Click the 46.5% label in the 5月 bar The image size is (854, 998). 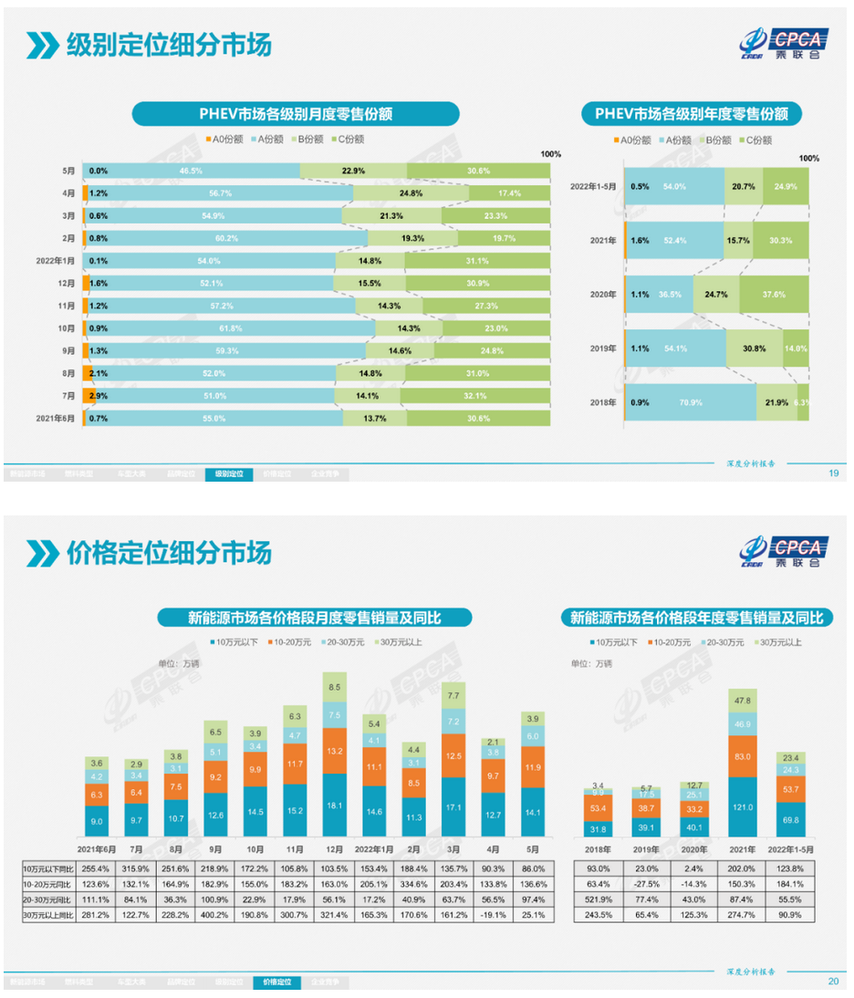pyautogui.click(x=191, y=172)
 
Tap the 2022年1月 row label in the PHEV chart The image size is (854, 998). pyautogui.click(x=57, y=261)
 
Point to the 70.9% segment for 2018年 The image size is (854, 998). pyautogui.click(x=690, y=402)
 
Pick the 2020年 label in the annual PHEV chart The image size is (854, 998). pyautogui.click(x=604, y=295)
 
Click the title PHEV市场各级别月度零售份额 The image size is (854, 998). pyautogui.click(x=296, y=113)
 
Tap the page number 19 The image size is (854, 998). pyautogui.click(x=833, y=473)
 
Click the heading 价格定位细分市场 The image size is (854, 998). pyautogui.click(x=169, y=553)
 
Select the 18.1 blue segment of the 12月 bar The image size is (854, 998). pyautogui.click(x=335, y=805)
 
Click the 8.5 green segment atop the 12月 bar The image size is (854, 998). pyautogui.click(x=335, y=687)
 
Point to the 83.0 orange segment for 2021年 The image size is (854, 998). pyautogui.click(x=742, y=756)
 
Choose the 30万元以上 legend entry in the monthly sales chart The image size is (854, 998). pyautogui.click(x=402, y=642)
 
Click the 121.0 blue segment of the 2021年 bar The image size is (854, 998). pyautogui.click(x=742, y=807)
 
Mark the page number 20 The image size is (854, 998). pyautogui.click(x=833, y=982)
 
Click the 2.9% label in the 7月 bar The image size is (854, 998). pyautogui.click(x=99, y=395)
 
